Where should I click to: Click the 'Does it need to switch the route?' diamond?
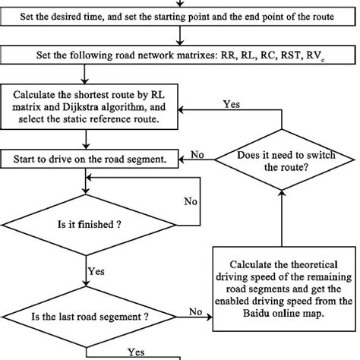coord(283,159)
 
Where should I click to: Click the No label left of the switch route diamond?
coord(198,154)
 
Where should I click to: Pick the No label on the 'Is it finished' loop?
coord(191,202)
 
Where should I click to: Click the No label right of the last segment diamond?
coord(195,311)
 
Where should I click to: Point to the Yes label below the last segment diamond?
coord(136,352)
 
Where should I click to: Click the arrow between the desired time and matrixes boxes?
coord(179,37)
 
